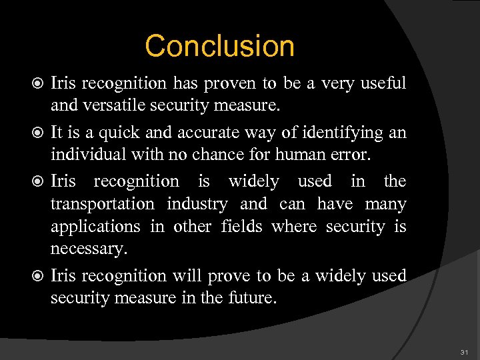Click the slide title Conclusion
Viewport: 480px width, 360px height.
point(219,46)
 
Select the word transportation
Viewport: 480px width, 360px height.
point(102,204)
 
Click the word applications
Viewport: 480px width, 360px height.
point(95,227)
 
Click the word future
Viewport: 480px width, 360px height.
point(249,297)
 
